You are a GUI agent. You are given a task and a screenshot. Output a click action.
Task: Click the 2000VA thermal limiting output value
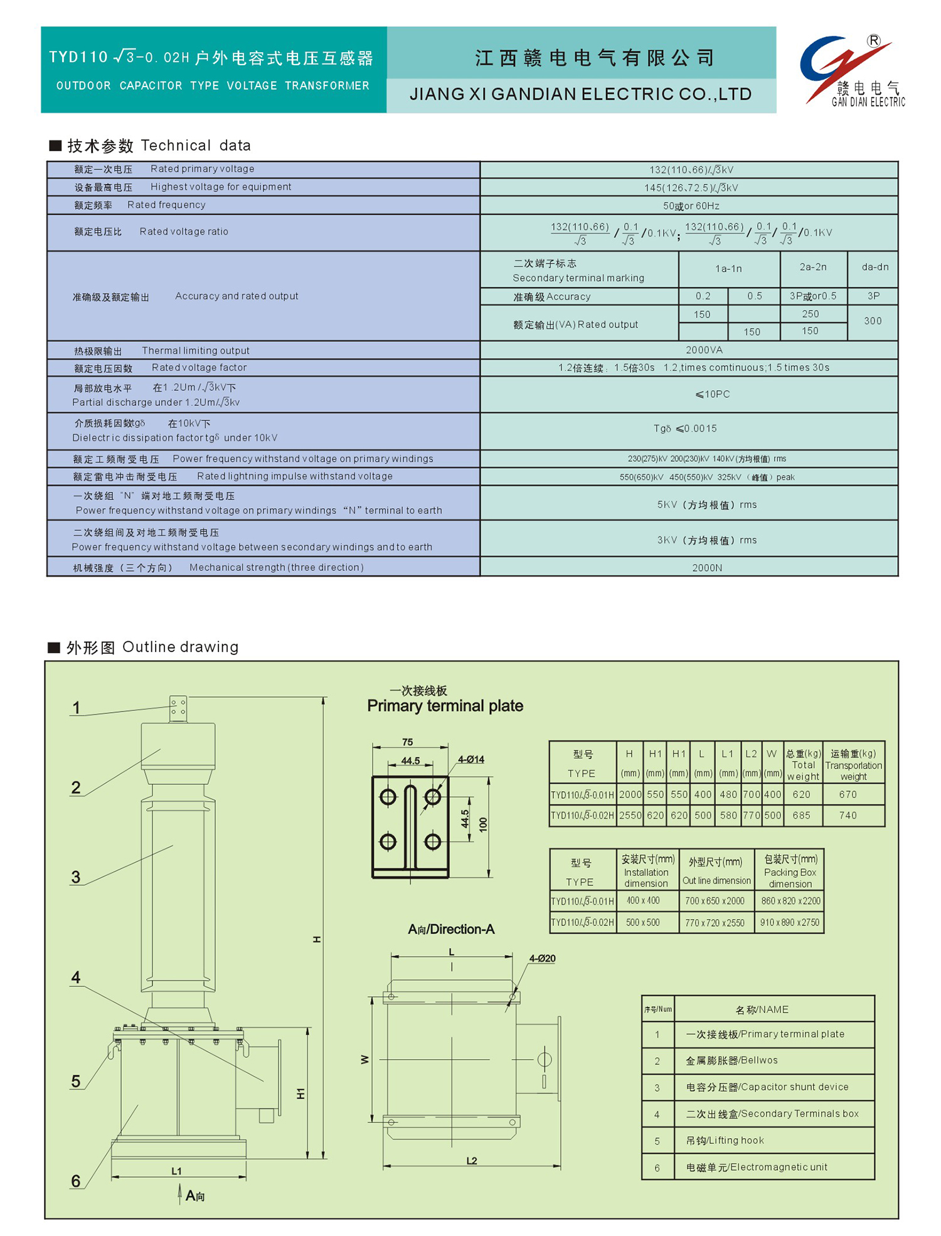point(704,350)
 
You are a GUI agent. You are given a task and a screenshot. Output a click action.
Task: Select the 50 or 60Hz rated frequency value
point(691,206)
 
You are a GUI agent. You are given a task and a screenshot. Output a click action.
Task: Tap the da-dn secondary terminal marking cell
point(875,267)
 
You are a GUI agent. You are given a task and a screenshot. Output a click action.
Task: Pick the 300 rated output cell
point(873,321)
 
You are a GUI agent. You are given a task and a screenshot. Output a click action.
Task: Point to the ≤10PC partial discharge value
point(712,395)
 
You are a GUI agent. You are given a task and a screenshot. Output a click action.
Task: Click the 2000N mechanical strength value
point(707,568)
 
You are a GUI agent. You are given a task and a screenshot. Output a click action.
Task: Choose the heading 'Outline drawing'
point(180,647)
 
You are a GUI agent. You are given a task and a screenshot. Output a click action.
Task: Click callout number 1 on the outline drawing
point(76,708)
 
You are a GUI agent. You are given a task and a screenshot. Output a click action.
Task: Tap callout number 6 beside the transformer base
point(76,1181)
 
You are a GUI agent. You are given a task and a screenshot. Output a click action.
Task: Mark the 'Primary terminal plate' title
point(445,706)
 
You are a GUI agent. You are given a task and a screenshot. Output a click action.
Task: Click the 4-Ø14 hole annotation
point(470,760)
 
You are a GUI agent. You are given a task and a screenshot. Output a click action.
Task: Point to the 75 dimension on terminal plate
point(408,742)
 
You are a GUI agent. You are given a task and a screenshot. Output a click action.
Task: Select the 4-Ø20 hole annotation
point(542,959)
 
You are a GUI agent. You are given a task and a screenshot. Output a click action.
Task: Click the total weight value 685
point(801,816)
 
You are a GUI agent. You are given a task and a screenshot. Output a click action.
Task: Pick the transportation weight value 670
point(848,795)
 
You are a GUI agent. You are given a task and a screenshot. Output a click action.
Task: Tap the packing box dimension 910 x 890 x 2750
point(790,923)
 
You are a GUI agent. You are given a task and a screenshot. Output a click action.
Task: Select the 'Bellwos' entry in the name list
point(731,1061)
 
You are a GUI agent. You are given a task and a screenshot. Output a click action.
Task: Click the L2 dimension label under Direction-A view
point(472,1161)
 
